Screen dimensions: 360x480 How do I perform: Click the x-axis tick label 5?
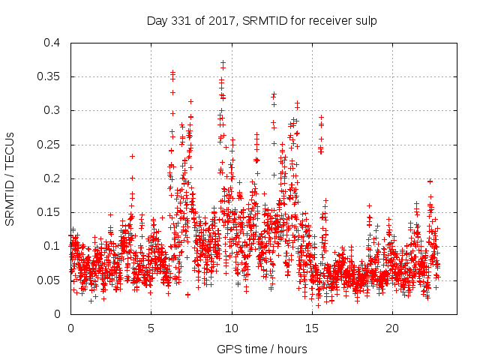tap(151, 328)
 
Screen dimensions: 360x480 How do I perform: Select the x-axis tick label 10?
tap(232, 328)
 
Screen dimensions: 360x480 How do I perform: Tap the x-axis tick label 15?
tap(312, 328)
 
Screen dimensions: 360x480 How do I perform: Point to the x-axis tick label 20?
tap(392, 328)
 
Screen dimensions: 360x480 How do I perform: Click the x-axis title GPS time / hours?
tap(262, 349)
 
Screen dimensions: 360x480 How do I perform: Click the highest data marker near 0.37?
tap(223, 62)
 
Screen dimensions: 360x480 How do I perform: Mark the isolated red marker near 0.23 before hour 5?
tap(132, 156)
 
